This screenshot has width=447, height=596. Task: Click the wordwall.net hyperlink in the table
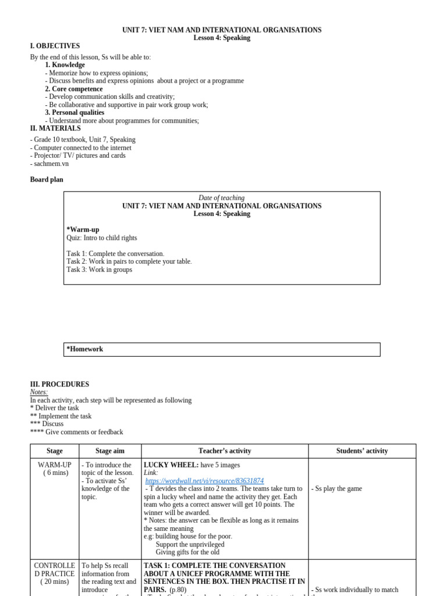(204, 481)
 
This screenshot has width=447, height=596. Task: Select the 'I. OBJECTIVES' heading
(55, 46)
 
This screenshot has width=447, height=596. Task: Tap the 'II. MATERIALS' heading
(55, 128)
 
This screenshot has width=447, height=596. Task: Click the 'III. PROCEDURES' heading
(59, 384)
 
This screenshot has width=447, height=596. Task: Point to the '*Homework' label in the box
(85, 349)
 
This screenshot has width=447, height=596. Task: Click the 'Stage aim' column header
(110, 451)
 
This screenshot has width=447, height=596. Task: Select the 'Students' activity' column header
(361, 451)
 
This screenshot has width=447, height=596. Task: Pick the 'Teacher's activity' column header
(224, 451)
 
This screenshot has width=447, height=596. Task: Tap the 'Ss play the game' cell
(337, 489)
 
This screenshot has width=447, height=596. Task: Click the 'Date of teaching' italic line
(221, 198)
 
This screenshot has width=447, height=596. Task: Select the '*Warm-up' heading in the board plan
(83, 230)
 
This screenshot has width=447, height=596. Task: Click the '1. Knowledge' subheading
(65, 65)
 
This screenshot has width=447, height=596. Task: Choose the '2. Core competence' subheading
(74, 89)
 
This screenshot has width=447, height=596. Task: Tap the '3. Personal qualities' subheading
(75, 112)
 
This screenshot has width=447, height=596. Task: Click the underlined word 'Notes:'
(39, 392)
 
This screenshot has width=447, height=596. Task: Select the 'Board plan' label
(47, 180)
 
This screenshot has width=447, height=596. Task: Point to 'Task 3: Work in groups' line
(99, 269)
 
